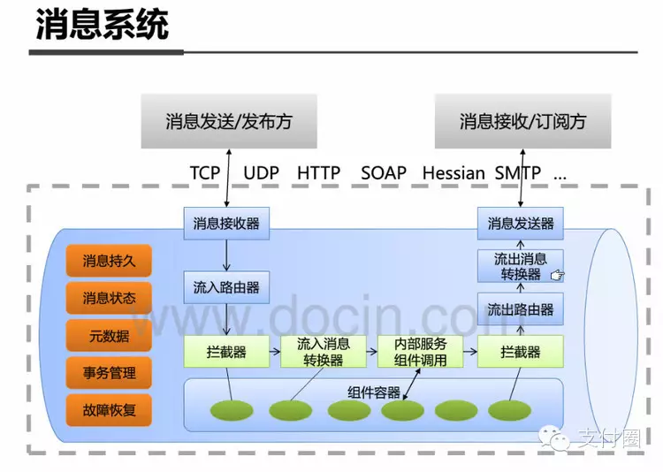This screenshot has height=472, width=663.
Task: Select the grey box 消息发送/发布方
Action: (228, 121)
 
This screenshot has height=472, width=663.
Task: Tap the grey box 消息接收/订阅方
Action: (522, 121)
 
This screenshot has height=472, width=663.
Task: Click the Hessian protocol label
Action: (453, 172)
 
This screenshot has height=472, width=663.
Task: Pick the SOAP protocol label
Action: (384, 172)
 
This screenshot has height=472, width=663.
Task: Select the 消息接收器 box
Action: (226, 224)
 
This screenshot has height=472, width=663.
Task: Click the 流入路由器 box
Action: (226, 287)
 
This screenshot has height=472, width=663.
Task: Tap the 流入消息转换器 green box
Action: (323, 352)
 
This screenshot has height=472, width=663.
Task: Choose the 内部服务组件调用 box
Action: (420, 352)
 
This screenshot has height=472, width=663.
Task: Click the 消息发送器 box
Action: (521, 224)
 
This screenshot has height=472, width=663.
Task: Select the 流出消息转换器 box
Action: (521, 266)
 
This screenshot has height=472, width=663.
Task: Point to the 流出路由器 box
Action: (521, 309)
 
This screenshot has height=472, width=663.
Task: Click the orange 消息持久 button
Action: (109, 261)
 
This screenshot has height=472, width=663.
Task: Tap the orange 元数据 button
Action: (109, 336)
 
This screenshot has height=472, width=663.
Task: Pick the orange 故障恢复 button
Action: (109, 410)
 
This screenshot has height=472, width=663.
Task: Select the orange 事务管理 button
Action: (109, 373)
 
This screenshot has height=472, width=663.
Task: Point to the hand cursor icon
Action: (557, 276)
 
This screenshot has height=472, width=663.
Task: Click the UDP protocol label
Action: (261, 172)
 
